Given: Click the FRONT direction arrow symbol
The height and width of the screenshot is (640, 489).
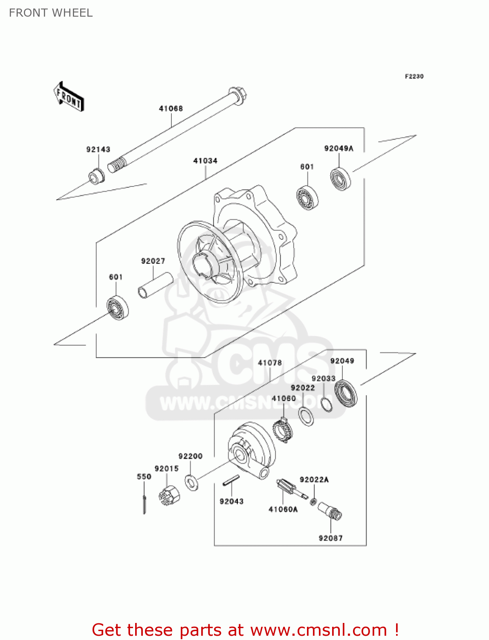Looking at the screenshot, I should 69,97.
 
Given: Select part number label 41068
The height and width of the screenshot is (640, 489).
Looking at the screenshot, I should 171,108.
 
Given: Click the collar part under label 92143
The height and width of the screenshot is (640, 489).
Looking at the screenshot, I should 96,176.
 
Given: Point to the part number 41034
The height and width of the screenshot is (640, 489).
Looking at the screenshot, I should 205,161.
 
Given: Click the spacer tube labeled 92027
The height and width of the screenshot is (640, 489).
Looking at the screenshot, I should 155,285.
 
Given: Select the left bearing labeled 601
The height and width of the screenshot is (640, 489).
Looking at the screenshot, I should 118,307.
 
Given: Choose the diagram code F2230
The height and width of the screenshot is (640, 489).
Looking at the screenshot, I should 414,76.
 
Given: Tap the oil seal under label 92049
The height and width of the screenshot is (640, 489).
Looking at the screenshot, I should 346,393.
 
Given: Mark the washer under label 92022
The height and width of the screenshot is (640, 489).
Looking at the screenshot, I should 306,416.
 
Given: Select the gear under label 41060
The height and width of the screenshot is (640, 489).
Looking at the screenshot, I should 282,431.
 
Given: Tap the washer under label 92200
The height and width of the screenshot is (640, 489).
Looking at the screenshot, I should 191,482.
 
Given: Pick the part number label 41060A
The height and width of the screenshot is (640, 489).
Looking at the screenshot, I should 283,509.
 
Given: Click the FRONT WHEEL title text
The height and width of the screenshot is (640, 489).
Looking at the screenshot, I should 51,13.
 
